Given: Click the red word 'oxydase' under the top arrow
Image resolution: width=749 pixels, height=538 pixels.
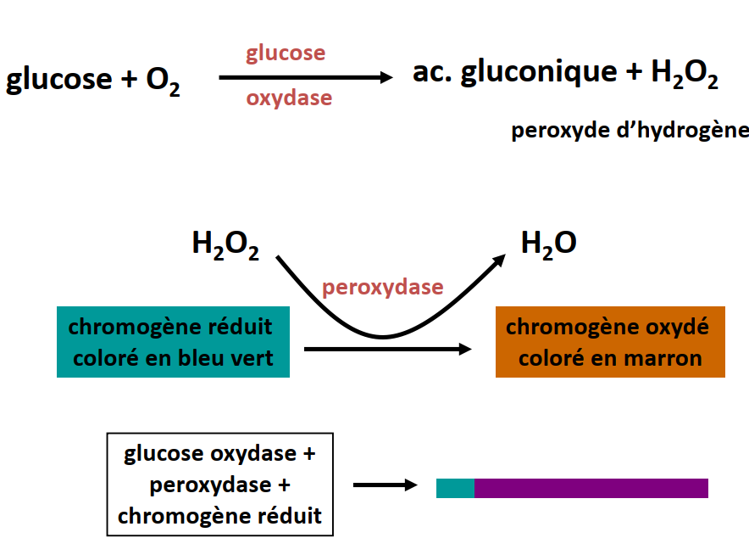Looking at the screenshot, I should [289, 98].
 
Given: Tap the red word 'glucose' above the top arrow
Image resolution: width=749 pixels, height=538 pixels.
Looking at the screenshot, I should [286, 53].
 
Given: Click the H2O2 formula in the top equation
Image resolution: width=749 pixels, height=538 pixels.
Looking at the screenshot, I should [685, 75].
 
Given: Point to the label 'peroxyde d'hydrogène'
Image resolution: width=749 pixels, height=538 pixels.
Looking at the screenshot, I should [630, 131].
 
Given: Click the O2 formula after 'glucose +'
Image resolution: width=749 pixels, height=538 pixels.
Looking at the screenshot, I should [163, 81].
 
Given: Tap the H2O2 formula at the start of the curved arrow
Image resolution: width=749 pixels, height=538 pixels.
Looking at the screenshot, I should [225, 245].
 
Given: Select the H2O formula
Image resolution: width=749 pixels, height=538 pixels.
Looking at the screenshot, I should [548, 244].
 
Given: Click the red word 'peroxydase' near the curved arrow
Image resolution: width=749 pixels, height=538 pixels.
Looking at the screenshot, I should [382, 287].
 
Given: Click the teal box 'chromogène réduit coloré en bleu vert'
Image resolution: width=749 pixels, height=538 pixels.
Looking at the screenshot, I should [173, 342].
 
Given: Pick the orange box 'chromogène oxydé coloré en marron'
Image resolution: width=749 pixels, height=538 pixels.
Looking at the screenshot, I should [610, 342].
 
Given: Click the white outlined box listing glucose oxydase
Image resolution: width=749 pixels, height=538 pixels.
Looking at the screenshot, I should [220, 485].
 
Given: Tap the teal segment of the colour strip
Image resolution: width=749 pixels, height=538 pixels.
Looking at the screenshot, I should [455, 488].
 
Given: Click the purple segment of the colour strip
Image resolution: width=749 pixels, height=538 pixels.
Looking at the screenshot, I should [591, 488].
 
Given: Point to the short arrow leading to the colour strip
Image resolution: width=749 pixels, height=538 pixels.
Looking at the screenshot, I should [386, 485].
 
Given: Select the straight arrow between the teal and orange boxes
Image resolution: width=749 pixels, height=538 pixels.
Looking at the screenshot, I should [386, 349].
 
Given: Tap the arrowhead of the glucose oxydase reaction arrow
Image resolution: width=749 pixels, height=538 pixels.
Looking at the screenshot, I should [386, 77].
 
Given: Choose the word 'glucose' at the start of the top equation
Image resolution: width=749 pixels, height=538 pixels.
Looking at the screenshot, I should [58, 81].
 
